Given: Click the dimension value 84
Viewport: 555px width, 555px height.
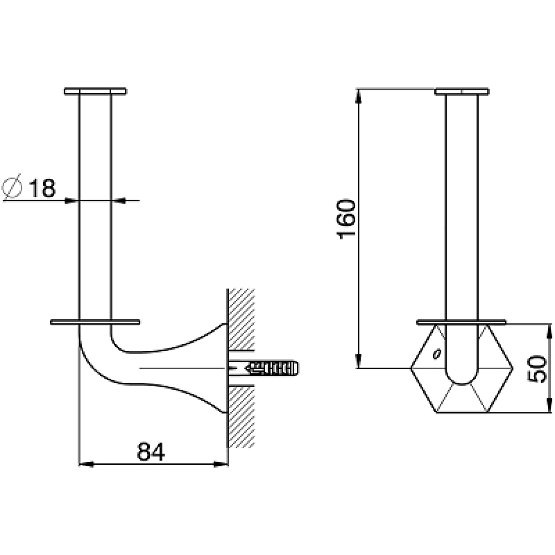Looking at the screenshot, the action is click(151, 452).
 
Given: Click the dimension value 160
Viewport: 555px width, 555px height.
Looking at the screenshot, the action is click(345, 219).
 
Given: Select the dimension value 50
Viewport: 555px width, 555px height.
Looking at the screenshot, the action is click(537, 368).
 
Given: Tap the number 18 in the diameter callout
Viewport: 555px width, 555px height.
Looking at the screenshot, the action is click(42, 188).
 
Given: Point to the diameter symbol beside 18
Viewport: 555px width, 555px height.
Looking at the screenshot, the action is click(12, 187).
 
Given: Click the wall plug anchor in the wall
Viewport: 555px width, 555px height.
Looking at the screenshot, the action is click(273, 368).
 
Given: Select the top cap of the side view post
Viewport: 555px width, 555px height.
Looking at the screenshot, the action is click(95, 91).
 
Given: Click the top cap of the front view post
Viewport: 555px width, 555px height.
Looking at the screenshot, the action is click(462, 92).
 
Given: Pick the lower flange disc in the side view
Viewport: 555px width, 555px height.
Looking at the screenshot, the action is click(95, 322).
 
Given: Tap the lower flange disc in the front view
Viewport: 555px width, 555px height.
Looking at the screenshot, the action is click(461, 322).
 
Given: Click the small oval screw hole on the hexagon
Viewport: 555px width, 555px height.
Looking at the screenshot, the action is click(437, 354).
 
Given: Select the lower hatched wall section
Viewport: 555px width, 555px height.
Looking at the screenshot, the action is click(241, 417).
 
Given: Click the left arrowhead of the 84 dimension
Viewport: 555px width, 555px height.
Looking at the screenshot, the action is click(85, 464).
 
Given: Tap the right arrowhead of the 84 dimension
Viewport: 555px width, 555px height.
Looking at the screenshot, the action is click(221, 464).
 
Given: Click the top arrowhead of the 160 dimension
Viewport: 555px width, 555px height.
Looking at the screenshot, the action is click(359, 96).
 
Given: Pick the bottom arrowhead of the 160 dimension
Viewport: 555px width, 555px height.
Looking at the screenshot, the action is click(359, 361).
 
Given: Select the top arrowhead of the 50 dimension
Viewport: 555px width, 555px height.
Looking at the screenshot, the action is click(549, 332).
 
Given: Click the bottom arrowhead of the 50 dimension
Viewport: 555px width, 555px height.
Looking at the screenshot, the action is click(549, 405).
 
